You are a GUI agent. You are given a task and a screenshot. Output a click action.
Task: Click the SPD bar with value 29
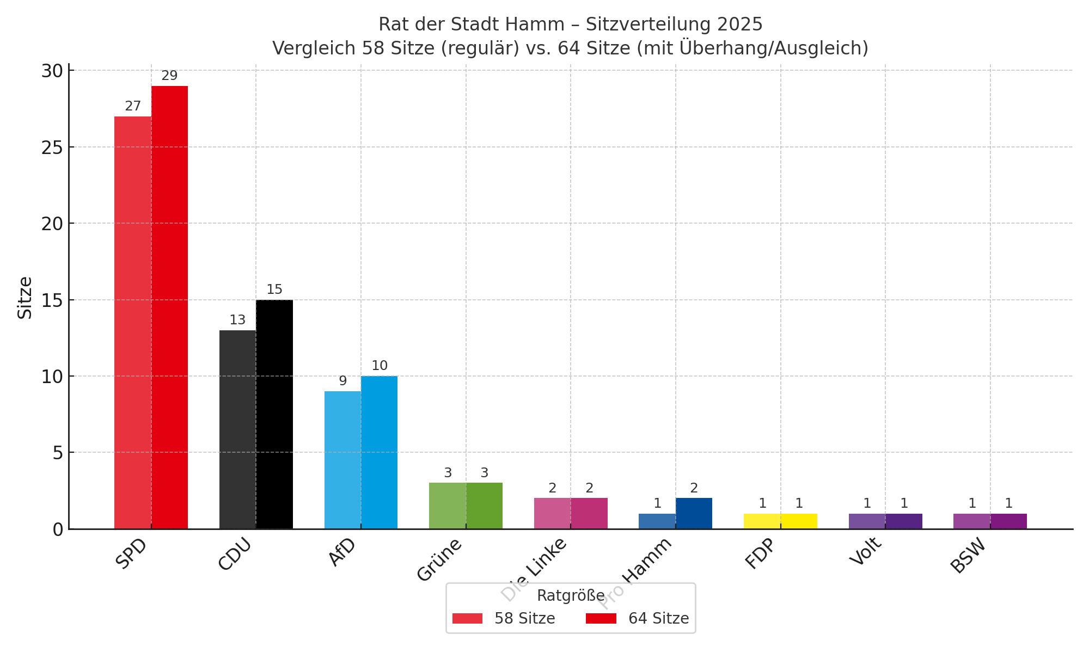tap(169, 307)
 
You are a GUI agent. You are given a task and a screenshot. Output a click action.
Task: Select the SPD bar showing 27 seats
tap(133, 322)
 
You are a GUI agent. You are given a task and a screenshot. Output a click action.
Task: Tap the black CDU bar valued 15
tap(274, 414)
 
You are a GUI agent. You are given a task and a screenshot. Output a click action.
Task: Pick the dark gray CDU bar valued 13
tap(237, 429)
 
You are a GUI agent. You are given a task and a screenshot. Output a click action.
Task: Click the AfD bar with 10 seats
tap(379, 452)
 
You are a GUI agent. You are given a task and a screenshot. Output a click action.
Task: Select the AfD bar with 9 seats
tap(342, 460)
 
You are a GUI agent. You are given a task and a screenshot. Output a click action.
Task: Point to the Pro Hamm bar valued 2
tap(694, 513)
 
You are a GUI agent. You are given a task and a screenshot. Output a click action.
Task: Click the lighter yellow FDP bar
tap(762, 521)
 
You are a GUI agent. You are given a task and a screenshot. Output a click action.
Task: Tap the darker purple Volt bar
tap(904, 521)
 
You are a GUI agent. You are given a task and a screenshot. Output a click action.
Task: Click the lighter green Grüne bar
tap(448, 506)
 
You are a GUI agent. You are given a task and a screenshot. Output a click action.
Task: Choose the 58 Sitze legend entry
tap(504, 619)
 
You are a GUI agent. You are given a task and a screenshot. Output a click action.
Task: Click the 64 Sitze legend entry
tap(638, 619)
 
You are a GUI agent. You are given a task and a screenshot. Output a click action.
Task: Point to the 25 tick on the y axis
tap(52, 147)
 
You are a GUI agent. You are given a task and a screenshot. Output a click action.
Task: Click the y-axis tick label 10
tap(52, 377)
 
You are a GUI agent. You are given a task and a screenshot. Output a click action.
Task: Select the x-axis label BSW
tap(968, 556)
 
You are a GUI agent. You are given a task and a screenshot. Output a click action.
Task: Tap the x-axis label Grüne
tap(439, 559)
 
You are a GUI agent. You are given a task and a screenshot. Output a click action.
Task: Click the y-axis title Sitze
tap(25, 298)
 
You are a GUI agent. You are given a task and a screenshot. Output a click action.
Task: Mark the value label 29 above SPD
tap(169, 76)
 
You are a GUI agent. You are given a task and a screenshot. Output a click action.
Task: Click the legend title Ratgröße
tap(571, 596)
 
